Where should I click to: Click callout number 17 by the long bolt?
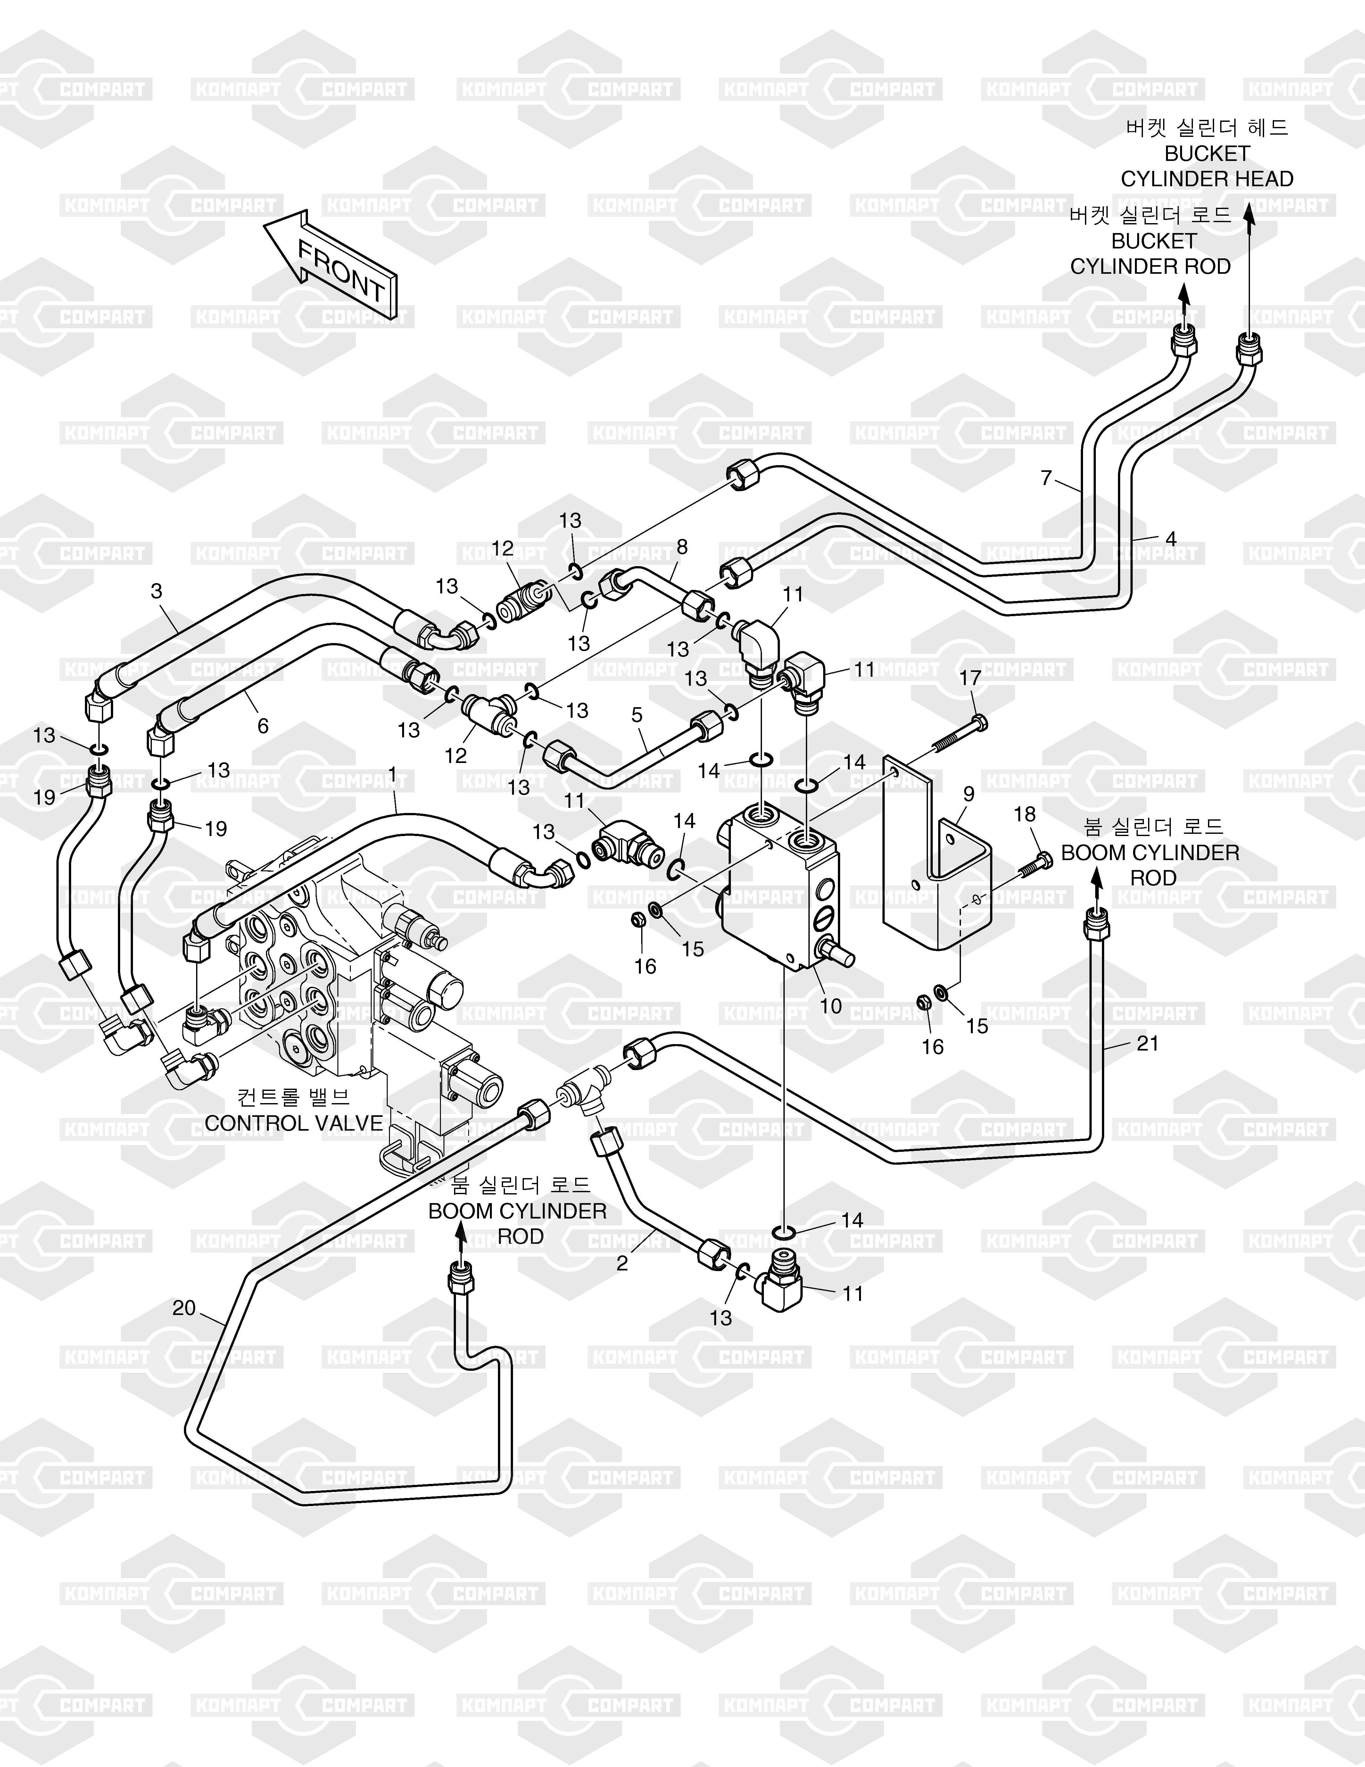pos(970,678)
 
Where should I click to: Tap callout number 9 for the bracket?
pos(969,794)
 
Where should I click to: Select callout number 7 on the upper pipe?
pos(1046,478)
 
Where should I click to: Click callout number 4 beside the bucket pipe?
pos(1170,538)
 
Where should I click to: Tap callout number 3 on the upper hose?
pos(156,591)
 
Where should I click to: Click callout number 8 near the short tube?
pos(682,547)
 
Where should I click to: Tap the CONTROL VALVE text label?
pos(294,1123)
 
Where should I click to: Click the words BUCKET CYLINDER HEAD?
pos(1206,166)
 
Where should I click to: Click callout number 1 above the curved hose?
pos(392,775)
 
